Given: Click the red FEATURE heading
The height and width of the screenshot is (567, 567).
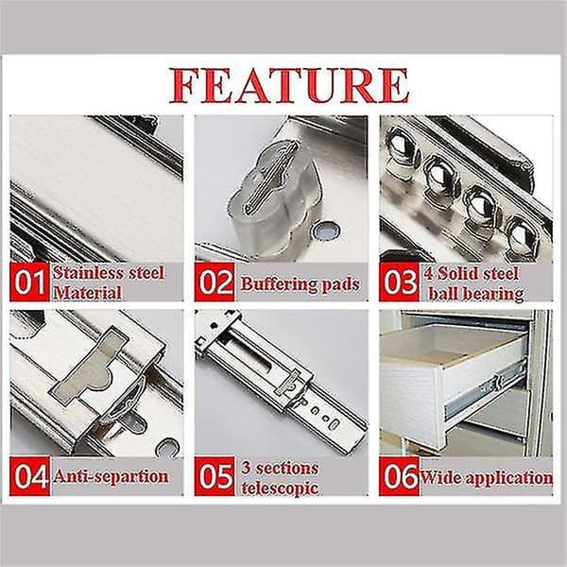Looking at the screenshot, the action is [x=289, y=85].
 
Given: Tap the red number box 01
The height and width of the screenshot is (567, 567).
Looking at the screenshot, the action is [x=29, y=282].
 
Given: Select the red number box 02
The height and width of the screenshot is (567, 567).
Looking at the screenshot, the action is [x=215, y=282].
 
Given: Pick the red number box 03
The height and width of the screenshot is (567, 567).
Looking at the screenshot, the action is [x=399, y=282].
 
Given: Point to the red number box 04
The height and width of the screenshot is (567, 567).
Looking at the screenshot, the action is [x=29, y=476].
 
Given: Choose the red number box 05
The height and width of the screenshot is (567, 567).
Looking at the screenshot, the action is [x=215, y=476].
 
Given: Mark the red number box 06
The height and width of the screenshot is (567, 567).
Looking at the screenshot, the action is [x=399, y=476].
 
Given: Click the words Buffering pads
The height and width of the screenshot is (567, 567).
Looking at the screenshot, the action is [x=301, y=284].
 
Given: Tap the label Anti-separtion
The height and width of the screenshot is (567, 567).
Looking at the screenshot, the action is [x=111, y=476].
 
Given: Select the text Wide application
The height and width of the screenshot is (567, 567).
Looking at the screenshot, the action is [x=487, y=478].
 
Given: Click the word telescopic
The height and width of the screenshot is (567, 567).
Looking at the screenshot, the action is [x=281, y=489].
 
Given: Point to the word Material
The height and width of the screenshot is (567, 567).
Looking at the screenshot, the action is [x=88, y=293].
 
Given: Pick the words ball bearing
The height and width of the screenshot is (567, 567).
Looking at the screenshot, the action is [x=476, y=294].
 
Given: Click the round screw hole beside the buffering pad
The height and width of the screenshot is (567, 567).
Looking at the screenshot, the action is [x=326, y=231].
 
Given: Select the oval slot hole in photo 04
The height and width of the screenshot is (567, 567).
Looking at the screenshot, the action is [x=167, y=448].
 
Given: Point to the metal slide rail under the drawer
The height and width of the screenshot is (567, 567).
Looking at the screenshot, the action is [x=486, y=391].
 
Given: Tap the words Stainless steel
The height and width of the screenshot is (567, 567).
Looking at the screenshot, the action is [x=109, y=273].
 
